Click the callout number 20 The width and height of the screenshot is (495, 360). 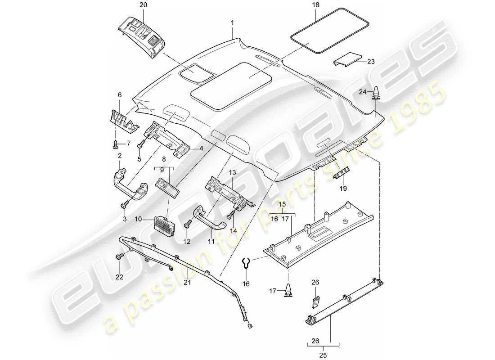pos(130,5)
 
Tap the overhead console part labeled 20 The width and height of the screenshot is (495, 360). pos(141,34)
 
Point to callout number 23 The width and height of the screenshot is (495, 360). pos(371,62)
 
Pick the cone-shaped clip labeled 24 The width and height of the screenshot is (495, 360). pos(375,92)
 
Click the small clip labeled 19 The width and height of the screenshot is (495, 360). pos(343,171)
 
